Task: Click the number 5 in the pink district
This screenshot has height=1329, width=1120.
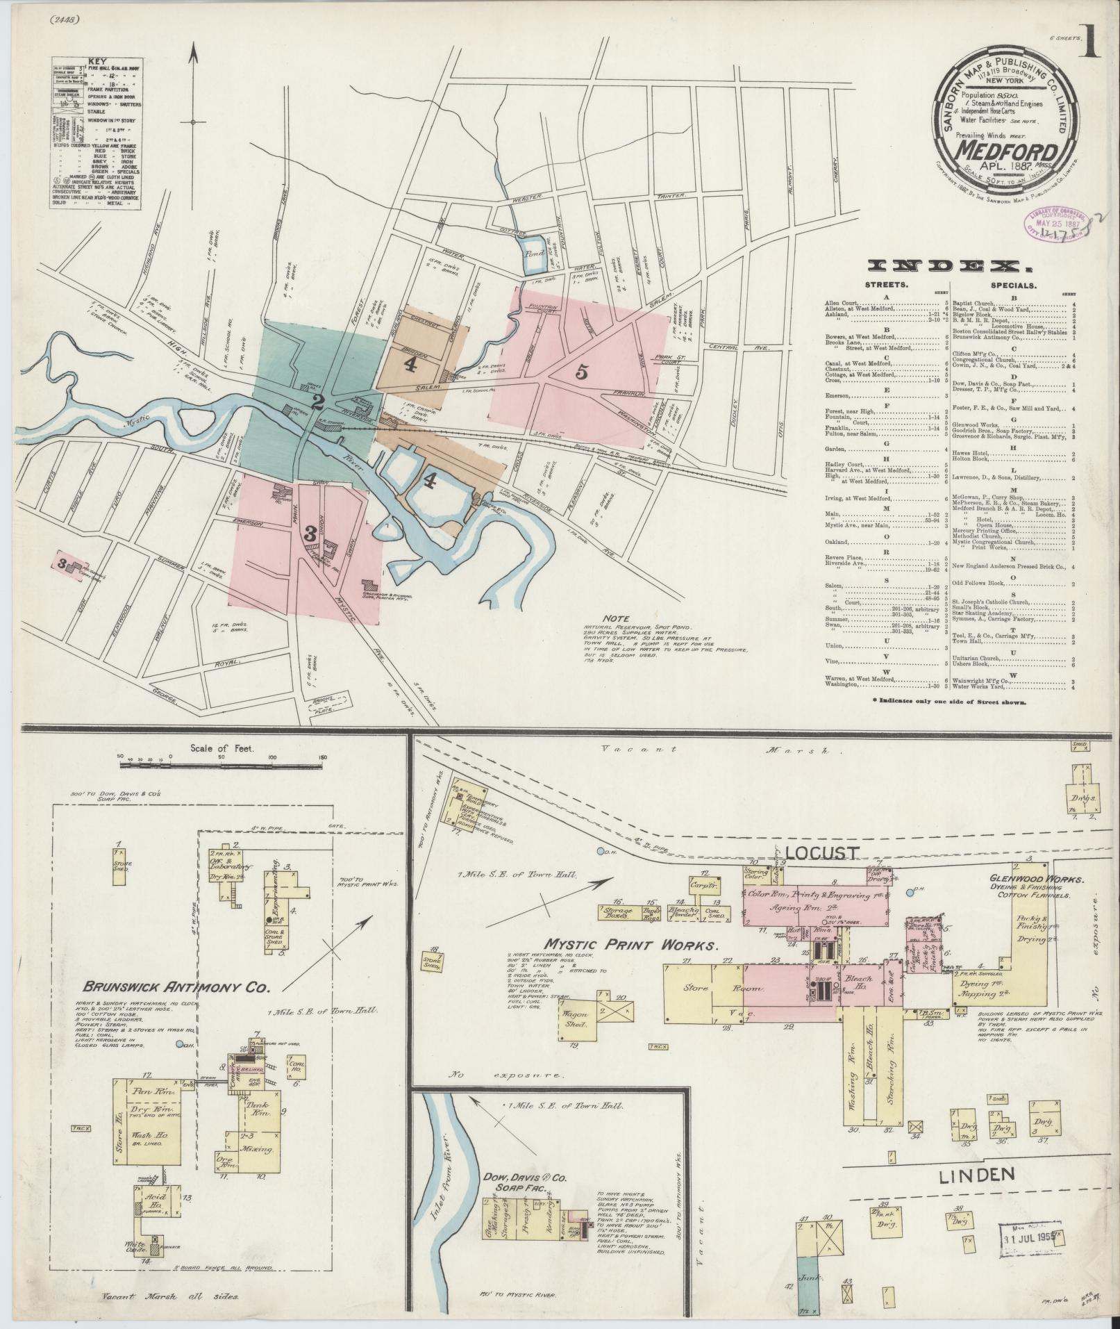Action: (582, 372)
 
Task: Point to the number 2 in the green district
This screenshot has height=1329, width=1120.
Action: (318, 401)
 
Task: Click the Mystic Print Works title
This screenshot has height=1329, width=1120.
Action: (629, 946)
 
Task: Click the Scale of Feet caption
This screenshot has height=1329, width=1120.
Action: (221, 749)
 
